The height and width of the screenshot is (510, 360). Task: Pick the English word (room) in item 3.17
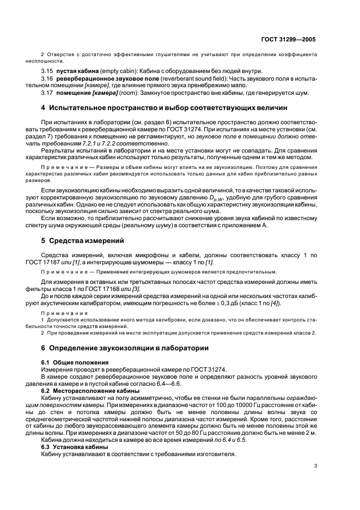pos(123,93)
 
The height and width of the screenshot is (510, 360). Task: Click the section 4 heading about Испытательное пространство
pos(164,108)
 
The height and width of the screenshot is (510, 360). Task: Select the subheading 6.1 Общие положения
pos(77,362)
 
